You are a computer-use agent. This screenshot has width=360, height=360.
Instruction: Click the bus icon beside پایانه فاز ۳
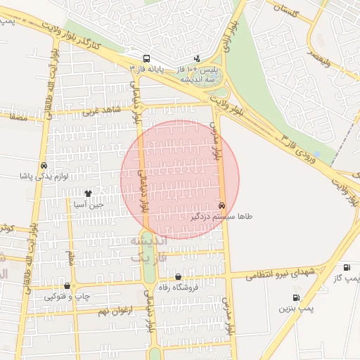point(146,59)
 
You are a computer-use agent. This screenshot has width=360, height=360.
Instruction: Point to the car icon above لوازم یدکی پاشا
point(44,165)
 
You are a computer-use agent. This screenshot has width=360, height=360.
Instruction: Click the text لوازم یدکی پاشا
point(44,176)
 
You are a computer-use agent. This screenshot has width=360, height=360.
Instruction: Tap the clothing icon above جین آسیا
point(88,193)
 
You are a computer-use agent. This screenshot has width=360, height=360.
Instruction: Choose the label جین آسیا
point(89,205)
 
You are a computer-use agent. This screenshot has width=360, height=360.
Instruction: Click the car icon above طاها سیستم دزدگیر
point(222,206)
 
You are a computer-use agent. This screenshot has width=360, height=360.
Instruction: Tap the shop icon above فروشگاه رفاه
point(178,277)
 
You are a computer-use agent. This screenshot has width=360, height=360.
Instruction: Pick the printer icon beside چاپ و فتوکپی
point(67,286)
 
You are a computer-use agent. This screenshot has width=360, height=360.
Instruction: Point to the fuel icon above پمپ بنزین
point(296,298)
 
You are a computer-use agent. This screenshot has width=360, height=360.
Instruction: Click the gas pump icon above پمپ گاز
point(347,268)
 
